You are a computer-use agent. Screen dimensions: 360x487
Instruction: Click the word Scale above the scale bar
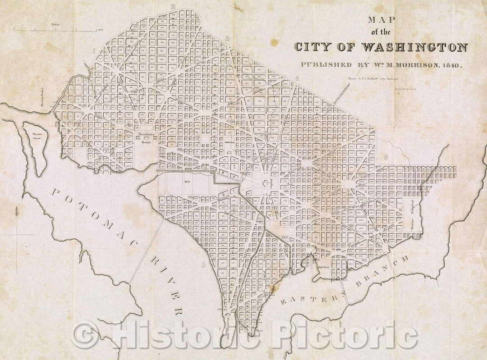pyautogui.click(x=55, y=24)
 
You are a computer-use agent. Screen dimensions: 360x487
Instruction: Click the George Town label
pyautogui.click(x=39, y=96)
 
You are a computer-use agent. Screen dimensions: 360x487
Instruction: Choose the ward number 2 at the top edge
pyautogui.click(x=173, y=6)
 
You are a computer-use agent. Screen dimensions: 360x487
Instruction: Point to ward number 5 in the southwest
pyautogui.click(x=204, y=265)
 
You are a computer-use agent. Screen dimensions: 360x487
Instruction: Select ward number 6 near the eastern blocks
pyautogui.click(x=386, y=157)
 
